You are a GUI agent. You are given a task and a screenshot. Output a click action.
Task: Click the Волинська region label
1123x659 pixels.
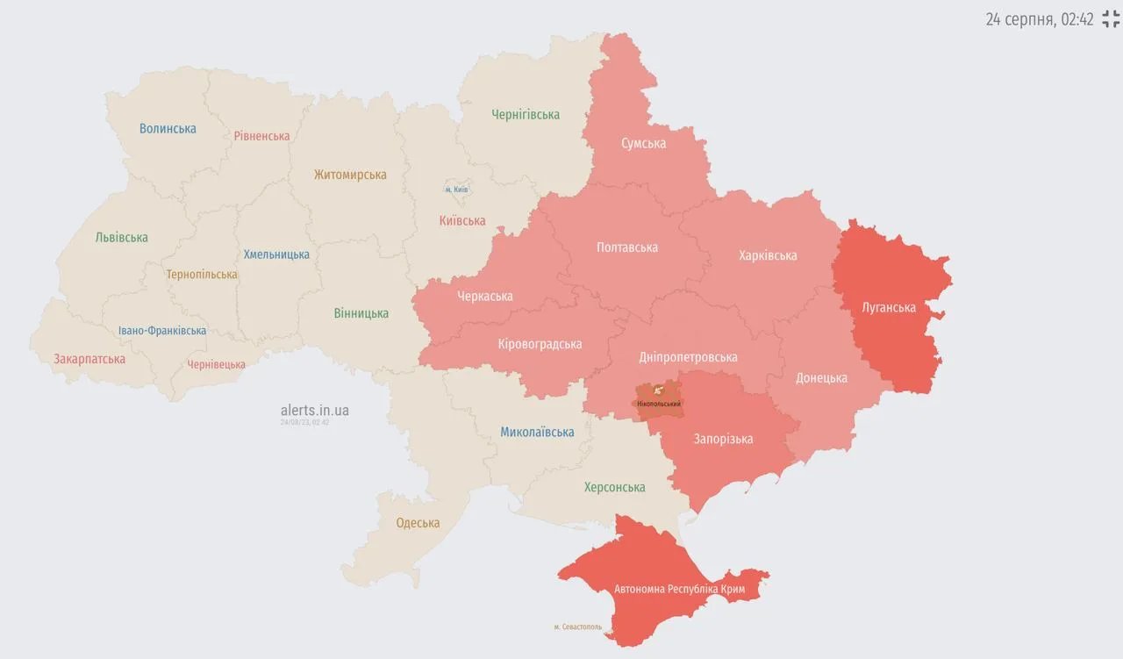(x=168, y=128)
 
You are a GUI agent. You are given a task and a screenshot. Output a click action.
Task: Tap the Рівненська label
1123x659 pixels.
(x=261, y=136)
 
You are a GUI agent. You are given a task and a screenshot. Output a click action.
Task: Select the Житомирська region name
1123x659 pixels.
(x=350, y=175)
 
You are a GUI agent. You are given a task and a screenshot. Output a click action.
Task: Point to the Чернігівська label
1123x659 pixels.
(x=526, y=114)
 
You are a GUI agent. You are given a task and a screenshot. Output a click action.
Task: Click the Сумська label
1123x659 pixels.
(x=643, y=143)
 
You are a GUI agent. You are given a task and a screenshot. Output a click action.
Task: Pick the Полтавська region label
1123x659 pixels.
(x=626, y=247)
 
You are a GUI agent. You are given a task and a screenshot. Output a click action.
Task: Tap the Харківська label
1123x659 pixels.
(x=768, y=255)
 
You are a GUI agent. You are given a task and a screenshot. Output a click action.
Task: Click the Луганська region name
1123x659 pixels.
(x=889, y=307)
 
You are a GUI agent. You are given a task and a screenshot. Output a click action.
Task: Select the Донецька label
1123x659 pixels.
(x=821, y=377)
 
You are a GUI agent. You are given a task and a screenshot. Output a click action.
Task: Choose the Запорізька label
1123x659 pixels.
(x=723, y=439)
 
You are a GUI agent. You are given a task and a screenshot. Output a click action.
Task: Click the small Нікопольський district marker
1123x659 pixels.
(x=658, y=400)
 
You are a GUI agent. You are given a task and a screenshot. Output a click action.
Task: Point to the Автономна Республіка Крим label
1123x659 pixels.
(x=679, y=589)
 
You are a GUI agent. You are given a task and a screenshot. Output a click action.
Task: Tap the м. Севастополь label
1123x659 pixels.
(x=577, y=627)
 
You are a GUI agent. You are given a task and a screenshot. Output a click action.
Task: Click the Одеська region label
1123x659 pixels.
(x=418, y=523)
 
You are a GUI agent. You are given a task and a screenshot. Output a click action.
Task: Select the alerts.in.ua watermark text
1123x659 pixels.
(x=314, y=410)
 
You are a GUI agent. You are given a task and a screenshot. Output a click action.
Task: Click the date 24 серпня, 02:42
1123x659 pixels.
(x=1039, y=19)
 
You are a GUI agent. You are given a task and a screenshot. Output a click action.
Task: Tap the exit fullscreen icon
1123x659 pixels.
(x=1111, y=19)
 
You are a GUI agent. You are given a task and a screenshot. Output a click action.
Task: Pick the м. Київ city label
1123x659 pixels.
(x=456, y=190)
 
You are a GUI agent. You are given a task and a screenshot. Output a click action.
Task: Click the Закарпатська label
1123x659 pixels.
(x=89, y=359)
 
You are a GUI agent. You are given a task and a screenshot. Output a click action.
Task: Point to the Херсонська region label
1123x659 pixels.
(x=614, y=487)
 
